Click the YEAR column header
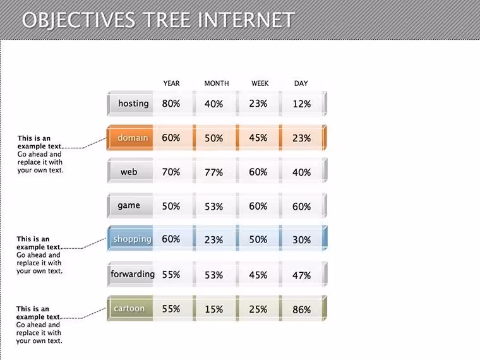click(171, 83)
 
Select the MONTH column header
click(217, 83)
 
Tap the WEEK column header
click(260, 83)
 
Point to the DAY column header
click(301, 83)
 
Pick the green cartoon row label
click(130, 308)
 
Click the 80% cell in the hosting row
click(171, 104)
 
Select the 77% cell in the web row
click(213, 172)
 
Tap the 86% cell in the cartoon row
click(301, 310)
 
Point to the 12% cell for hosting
click(301, 104)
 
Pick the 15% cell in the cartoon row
click(213, 309)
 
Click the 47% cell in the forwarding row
click(301, 275)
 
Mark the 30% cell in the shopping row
click(301, 240)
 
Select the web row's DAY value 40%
click(301, 172)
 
